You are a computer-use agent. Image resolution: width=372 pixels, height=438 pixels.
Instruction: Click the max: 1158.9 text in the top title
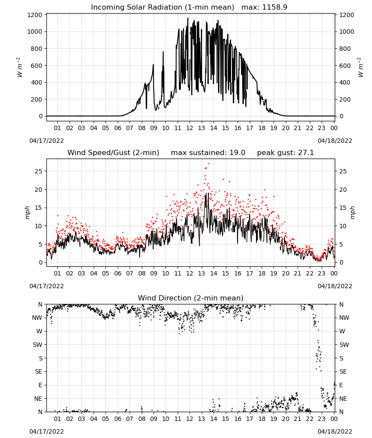pos(264,7)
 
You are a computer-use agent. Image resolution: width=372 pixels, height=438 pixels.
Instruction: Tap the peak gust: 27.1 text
pos(285,152)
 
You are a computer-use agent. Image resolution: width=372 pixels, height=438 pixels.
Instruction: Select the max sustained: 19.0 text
pos(208,152)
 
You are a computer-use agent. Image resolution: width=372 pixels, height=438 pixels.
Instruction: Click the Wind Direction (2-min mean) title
pos(191,298)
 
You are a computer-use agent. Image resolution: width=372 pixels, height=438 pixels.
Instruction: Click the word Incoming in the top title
pos(106,7)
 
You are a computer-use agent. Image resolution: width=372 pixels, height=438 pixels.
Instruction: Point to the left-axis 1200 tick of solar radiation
pos(35,15)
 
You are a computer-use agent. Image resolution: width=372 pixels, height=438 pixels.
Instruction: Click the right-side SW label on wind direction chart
pos(344,345)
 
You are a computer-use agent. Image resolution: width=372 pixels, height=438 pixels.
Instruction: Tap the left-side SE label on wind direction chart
pos(39,371)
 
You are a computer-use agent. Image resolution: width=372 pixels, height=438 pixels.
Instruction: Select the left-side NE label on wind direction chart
pos(38,399)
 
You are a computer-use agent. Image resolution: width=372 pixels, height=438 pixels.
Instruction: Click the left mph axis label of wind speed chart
pos(27,212)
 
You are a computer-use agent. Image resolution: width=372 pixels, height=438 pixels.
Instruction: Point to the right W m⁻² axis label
pos(361,67)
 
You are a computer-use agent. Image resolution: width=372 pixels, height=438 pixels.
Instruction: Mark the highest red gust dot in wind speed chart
pos(208,164)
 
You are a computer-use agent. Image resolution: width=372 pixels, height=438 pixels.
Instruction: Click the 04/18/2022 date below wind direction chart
pos(335,431)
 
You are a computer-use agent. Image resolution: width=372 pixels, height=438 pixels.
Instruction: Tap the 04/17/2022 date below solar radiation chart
pos(46,141)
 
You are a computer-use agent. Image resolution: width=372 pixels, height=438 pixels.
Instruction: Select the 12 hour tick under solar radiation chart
pos(190,128)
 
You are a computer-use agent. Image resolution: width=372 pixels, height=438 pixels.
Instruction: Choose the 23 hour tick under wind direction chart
pos(322,419)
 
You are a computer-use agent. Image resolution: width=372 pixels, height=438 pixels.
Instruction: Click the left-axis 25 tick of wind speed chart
pos(39,171)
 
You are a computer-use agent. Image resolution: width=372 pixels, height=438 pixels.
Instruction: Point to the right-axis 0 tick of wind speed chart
pos(341,262)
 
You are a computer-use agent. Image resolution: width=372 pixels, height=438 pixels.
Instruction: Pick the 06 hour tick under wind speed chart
pos(118,273)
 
